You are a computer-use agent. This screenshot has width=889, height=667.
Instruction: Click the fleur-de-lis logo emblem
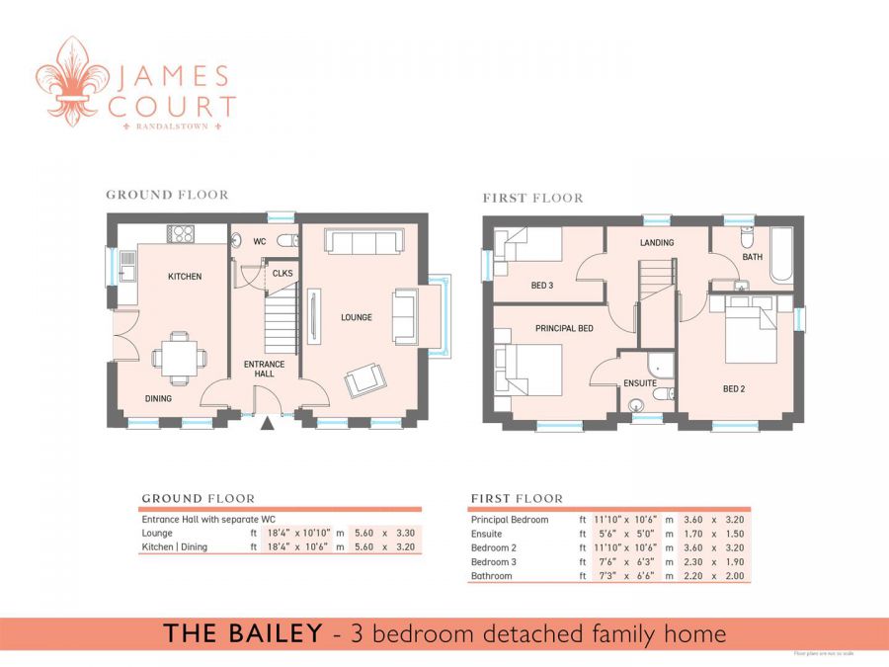[x=70, y=84]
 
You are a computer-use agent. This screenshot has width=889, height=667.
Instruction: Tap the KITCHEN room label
[x=184, y=277]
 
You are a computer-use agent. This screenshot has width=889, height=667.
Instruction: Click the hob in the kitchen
[x=181, y=234]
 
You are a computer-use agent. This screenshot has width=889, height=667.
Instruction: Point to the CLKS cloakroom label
[x=283, y=274]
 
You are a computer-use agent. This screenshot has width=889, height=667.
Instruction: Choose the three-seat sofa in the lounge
[x=363, y=242]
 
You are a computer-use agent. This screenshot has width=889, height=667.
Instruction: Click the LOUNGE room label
[x=357, y=318]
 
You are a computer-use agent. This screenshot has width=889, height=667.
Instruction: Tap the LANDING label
[x=657, y=243]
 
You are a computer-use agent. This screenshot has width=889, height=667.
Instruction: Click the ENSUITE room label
[x=640, y=381]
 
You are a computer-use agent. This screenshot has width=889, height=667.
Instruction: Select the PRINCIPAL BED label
[x=564, y=328]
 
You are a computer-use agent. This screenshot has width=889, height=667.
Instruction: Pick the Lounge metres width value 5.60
[x=357, y=533]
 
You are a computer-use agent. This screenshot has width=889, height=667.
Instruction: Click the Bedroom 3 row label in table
[x=494, y=561]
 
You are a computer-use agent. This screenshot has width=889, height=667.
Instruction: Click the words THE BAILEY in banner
[x=243, y=633]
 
